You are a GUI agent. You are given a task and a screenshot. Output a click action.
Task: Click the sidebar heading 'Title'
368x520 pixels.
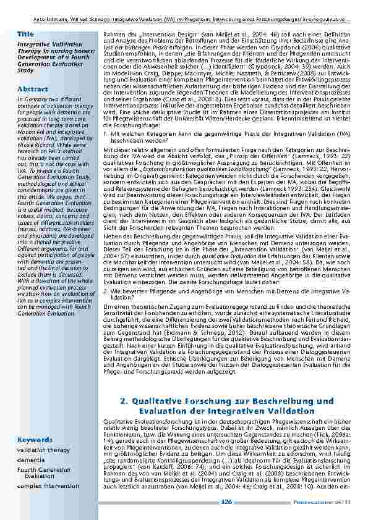[x=26, y=33]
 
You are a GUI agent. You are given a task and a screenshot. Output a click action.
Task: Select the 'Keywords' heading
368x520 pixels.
[x=35, y=439]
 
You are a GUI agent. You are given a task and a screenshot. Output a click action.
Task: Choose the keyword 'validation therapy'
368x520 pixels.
[x=43, y=450]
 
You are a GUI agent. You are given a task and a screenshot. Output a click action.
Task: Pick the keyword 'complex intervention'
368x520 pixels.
[x=48, y=485]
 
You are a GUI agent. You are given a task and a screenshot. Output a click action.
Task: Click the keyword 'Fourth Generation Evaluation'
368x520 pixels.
[x=44, y=473]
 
